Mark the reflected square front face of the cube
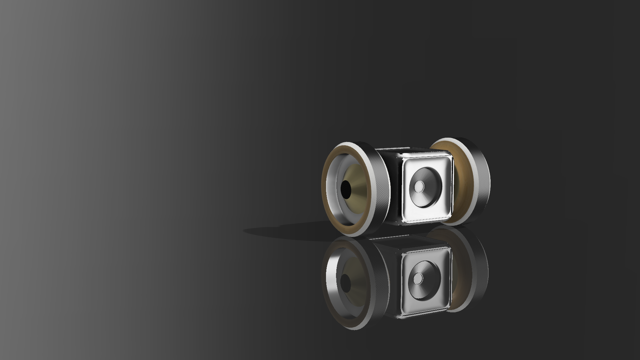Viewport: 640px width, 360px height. click(x=410, y=300)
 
